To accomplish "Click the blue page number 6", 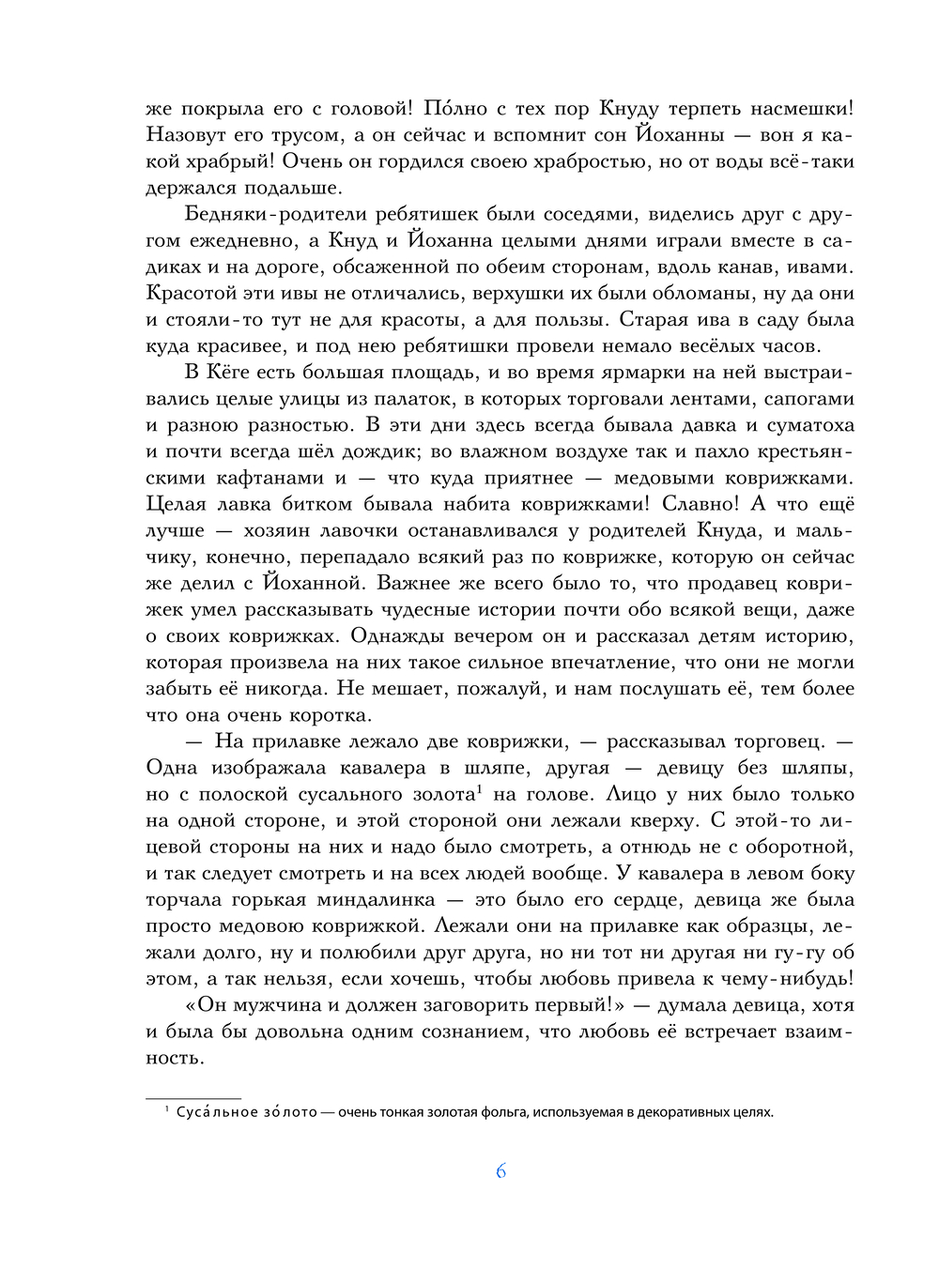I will [x=500, y=1171].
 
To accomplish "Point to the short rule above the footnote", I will [x=193, y=1097].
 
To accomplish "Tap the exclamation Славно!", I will [x=699, y=504].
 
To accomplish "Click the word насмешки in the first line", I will [x=797, y=109].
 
